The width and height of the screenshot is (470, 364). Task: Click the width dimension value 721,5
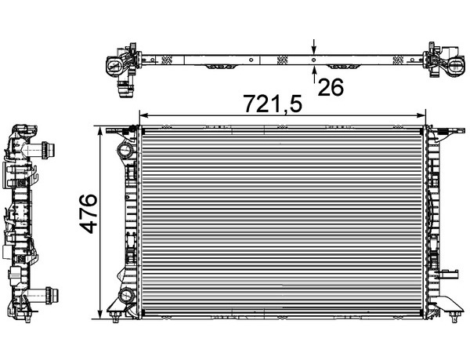coord(273,104)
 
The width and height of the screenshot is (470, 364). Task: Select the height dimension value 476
coord(89,213)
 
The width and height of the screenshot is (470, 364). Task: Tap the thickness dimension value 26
coord(331,87)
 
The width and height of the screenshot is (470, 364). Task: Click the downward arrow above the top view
coord(314,46)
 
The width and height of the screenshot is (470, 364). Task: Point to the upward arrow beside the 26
coord(314,75)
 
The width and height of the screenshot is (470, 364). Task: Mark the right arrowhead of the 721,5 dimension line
coord(421,115)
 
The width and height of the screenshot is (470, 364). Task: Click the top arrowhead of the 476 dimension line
coord(100,130)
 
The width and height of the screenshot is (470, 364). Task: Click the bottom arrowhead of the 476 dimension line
coord(100,314)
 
